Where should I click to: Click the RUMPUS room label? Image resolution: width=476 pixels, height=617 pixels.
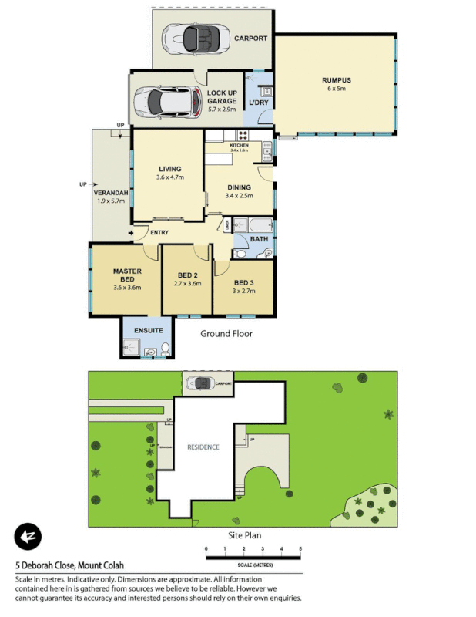coord(336,79)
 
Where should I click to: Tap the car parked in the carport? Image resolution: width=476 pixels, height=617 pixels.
coord(193,36)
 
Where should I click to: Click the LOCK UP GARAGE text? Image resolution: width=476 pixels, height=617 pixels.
coord(222,97)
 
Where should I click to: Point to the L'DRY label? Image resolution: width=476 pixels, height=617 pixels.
coord(257,103)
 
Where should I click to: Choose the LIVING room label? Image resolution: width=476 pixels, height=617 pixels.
coord(169,169)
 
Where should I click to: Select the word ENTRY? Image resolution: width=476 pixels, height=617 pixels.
coord(159,233)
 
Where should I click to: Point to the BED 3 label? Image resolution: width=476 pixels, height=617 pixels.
coord(244,282)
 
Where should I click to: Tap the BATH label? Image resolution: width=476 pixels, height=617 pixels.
coord(259,239)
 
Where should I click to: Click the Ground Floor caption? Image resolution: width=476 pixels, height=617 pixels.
coord(226,334)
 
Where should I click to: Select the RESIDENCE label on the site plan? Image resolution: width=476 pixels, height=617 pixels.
coord(203,447)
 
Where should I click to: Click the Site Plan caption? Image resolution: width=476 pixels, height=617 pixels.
coord(246,534)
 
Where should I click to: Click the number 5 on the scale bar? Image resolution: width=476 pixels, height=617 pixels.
coord(300,549)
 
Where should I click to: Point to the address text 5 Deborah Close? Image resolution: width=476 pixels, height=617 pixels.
coord(47,565)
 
